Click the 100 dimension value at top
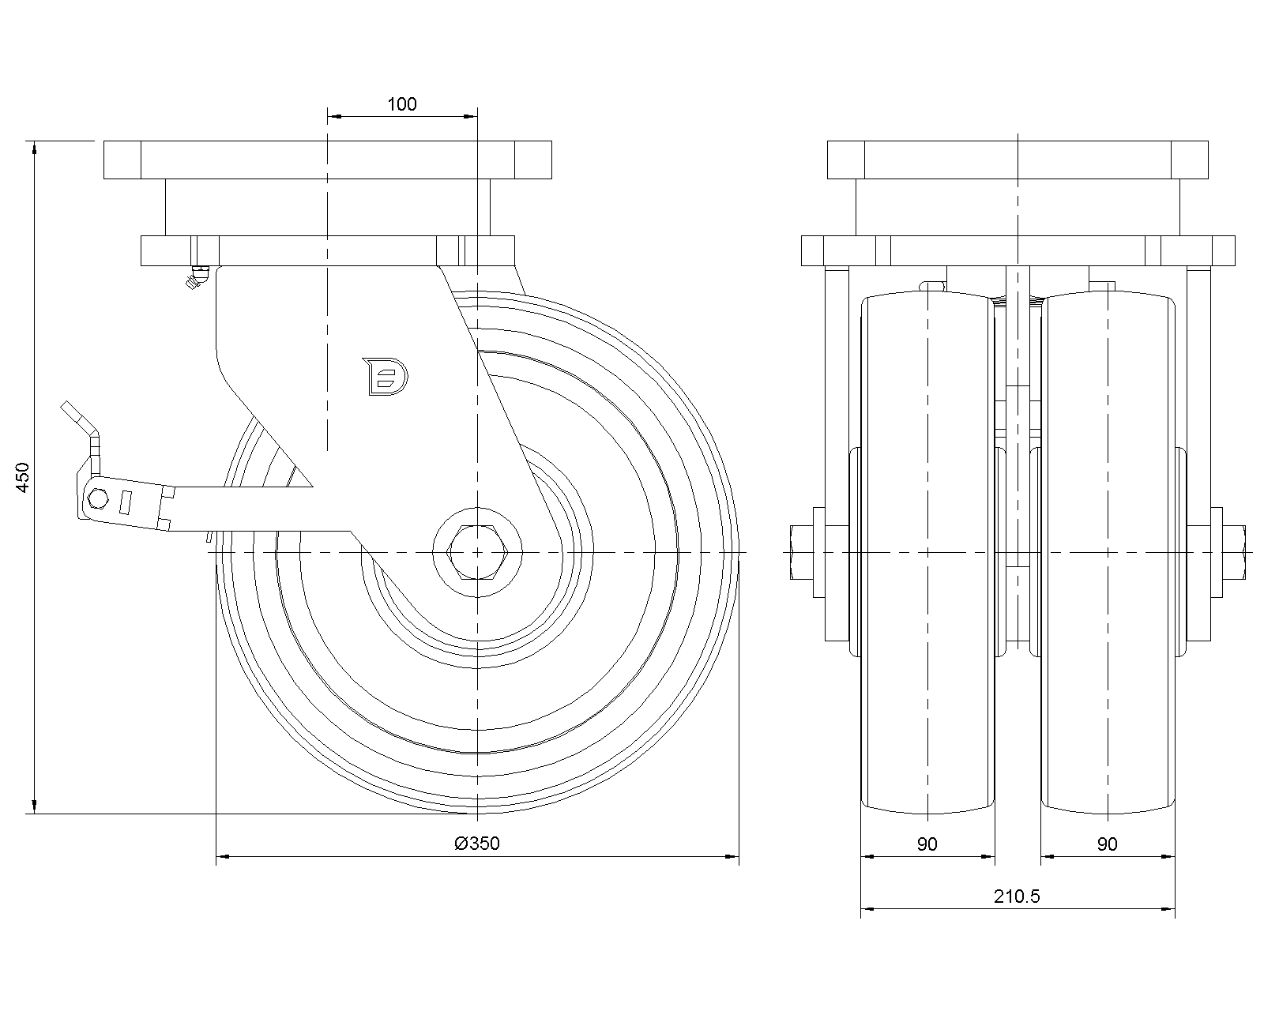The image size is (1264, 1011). coord(402,103)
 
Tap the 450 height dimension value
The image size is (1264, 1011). coord(24,477)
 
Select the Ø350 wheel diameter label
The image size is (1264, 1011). coord(477,844)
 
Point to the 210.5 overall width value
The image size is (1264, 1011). coord(1018,896)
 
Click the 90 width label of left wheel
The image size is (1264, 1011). coord(927,844)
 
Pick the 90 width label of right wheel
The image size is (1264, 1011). coord(1107,844)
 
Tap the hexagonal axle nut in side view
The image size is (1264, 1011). coord(477,552)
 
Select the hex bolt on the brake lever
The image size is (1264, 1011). coord(98,499)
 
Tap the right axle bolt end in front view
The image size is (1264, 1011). coord(1237,552)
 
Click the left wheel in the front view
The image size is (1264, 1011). coord(927,553)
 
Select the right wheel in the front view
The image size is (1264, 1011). coord(1107,553)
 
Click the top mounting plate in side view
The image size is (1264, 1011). coord(327,160)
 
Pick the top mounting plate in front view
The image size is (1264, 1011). coord(1018,160)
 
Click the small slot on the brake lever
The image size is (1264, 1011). coord(124,503)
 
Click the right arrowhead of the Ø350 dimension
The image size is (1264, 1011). coord(733,855)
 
